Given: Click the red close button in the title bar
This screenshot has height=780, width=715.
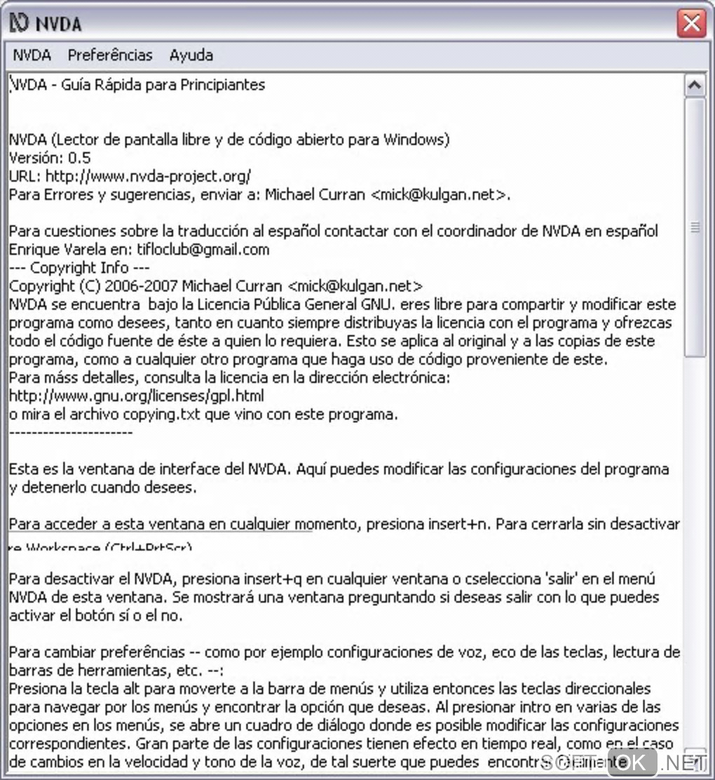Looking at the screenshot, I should click(x=691, y=24).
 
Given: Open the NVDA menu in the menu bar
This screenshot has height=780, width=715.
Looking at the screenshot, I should click(x=32, y=55).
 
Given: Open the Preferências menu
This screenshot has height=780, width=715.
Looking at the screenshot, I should click(x=110, y=55).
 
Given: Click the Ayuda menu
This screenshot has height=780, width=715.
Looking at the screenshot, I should click(x=191, y=55).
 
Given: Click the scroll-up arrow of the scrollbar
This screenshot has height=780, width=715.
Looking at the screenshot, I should click(x=695, y=86).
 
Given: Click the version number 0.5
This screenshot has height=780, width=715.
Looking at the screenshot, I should click(x=79, y=158).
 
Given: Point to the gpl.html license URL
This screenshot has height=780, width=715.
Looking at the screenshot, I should click(x=137, y=396).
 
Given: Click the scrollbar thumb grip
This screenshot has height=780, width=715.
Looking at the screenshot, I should click(x=695, y=227).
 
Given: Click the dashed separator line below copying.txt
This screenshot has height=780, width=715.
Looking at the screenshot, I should click(x=71, y=433).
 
